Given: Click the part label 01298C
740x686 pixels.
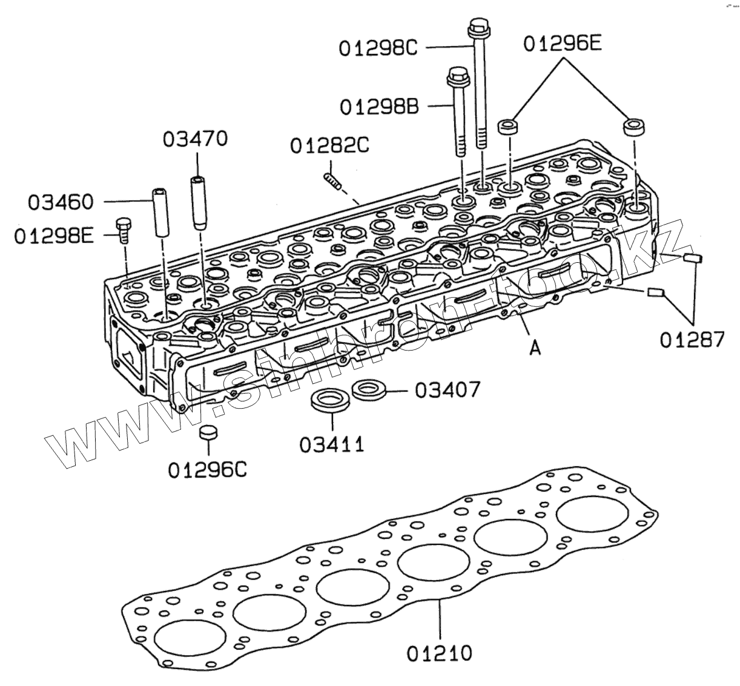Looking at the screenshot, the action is click(x=378, y=47).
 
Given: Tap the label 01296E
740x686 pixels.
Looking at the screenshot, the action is click(x=563, y=44).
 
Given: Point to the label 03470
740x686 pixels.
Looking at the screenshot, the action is click(x=196, y=139).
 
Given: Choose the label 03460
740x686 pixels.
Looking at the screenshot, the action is click(x=61, y=202).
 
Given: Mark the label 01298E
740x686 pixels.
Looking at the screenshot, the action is click(x=55, y=236).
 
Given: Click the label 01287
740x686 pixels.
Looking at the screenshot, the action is click(x=692, y=339).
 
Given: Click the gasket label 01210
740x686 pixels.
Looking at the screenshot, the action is click(x=439, y=653).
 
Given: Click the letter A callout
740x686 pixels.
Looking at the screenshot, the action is click(x=535, y=348).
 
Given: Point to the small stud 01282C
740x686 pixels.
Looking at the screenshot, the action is click(x=330, y=180).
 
